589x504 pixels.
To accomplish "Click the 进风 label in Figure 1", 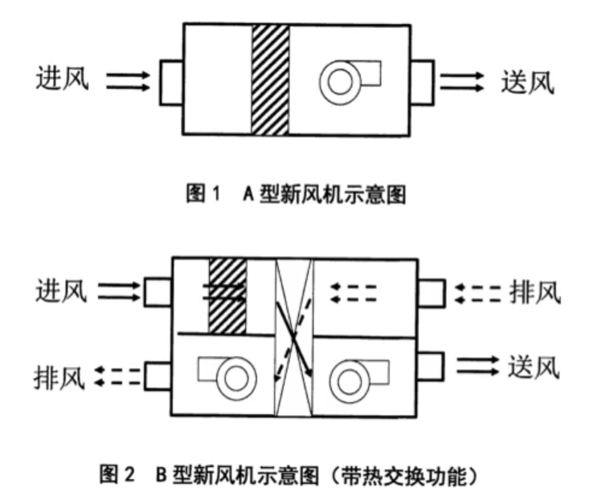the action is pyautogui.click(x=63, y=78).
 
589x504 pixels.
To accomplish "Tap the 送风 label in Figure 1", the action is pyautogui.click(x=528, y=82).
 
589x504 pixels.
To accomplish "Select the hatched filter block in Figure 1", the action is pyautogui.click(x=271, y=80).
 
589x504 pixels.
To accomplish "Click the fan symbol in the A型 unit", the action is pyautogui.click(x=341, y=82).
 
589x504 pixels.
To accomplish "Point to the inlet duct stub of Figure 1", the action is pyautogui.click(x=171, y=82).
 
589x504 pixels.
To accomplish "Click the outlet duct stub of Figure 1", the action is pyautogui.click(x=422, y=82).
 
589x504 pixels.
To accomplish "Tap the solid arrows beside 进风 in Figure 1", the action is pyautogui.click(x=128, y=81).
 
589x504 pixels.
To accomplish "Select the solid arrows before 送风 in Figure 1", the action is pyautogui.click(x=462, y=82).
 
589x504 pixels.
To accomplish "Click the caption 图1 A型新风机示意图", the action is pyautogui.click(x=297, y=194).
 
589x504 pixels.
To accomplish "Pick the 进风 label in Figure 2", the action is pyautogui.click(x=62, y=291).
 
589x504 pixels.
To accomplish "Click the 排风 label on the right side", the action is pyautogui.click(x=535, y=293).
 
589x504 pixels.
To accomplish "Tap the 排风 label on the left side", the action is pyautogui.click(x=59, y=377).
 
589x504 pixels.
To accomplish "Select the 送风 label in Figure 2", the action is pyautogui.click(x=534, y=367).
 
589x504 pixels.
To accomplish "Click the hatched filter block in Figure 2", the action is pyautogui.click(x=227, y=295).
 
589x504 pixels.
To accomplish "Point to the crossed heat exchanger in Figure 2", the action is pyautogui.click(x=294, y=337).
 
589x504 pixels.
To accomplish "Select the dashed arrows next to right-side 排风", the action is pyautogui.click(x=478, y=295).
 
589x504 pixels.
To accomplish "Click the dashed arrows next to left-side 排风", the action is pyautogui.click(x=117, y=376).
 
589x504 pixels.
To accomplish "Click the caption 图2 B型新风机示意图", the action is pyautogui.click(x=288, y=475).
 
